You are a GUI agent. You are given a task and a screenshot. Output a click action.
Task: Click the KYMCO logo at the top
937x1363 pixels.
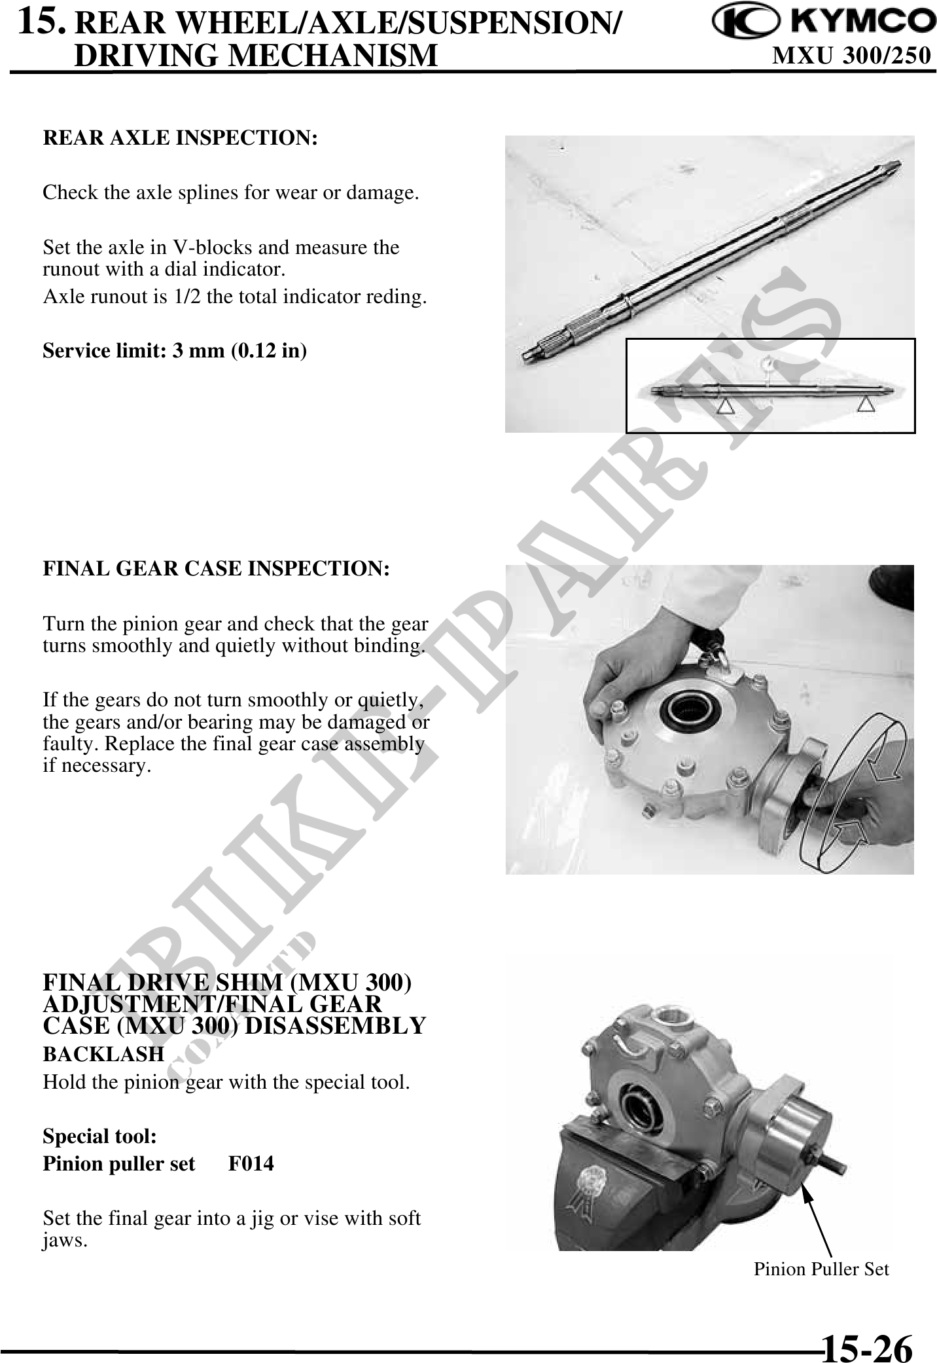pyautogui.click(x=824, y=24)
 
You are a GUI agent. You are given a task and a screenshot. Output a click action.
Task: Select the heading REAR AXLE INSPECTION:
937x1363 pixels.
pyautogui.click(x=180, y=138)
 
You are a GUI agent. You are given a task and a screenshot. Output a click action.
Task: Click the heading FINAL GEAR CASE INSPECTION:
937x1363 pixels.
pyautogui.click(x=216, y=568)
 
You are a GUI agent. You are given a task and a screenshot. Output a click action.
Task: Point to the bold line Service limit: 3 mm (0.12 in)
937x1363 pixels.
pyautogui.click(x=175, y=351)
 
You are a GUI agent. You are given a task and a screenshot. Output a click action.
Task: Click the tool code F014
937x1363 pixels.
pyautogui.click(x=251, y=1164)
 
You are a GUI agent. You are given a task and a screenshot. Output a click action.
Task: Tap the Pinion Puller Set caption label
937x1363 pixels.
pyautogui.click(x=821, y=1269)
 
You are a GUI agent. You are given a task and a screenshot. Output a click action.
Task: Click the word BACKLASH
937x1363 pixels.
pyautogui.click(x=103, y=1054)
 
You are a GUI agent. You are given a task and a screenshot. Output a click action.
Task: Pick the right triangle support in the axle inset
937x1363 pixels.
pyautogui.click(x=866, y=404)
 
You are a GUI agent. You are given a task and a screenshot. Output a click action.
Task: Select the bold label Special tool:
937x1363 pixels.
pyautogui.click(x=99, y=1136)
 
